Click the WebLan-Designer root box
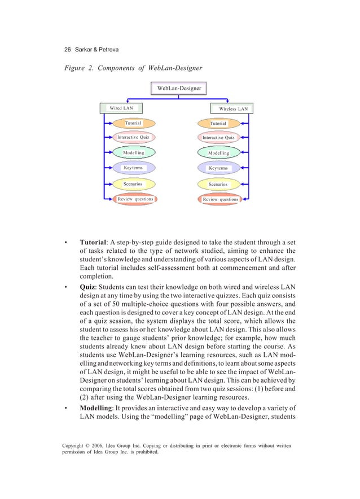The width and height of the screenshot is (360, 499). click(179, 88)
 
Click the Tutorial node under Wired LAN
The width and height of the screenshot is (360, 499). click(133, 123)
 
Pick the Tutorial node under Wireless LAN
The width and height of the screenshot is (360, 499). click(218, 124)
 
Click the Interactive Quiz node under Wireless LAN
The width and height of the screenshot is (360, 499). click(218, 138)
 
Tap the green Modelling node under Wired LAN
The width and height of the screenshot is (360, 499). click(133, 153)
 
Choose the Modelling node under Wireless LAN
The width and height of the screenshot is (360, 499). click(218, 153)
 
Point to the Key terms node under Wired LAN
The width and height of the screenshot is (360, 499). click(133, 168)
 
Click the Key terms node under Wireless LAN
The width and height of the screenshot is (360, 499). click(218, 168)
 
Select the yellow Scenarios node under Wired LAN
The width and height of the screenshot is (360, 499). click(133, 184)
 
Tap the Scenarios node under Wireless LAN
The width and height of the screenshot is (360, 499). click(218, 185)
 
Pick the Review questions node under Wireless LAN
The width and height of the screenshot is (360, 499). click(220, 199)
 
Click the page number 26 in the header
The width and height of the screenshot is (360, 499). click(68, 50)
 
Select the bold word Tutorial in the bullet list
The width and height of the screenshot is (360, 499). click(93, 243)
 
